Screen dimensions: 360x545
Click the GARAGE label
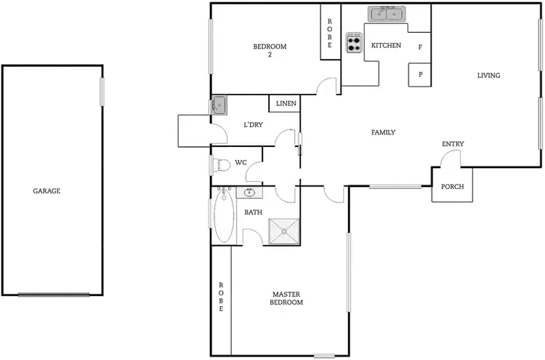point(47,191)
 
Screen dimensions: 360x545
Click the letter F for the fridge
point(420,47)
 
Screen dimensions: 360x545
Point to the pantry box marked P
point(420,75)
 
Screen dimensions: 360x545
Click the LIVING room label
point(488,76)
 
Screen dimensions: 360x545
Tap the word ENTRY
point(453,144)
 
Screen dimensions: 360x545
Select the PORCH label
point(453,187)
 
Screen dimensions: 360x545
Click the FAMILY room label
point(383,132)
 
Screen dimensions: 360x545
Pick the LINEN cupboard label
point(286,104)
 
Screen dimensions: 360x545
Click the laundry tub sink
point(219,106)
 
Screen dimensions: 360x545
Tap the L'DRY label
point(253,125)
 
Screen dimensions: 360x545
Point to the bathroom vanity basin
point(250,193)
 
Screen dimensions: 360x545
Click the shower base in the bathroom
point(284,231)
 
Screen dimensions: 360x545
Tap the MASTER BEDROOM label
point(286,298)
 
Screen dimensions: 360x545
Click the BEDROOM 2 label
point(270,51)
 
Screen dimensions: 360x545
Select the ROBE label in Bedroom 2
point(330,34)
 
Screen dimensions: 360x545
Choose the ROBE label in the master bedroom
point(221,297)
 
